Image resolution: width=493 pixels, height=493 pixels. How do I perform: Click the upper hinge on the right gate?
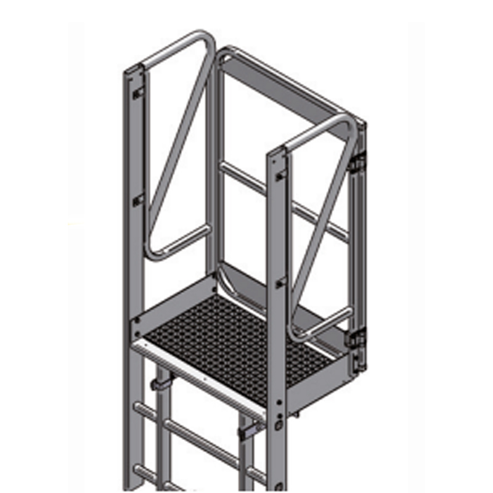(356, 163)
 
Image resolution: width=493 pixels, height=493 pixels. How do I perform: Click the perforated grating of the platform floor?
(234, 339)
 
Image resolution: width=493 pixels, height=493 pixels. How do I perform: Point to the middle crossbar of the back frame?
(283, 200)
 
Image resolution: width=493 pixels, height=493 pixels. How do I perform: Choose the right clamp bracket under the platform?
(250, 430)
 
